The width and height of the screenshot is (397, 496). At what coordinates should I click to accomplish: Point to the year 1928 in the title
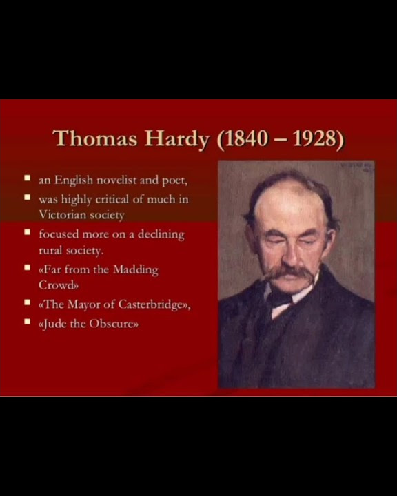click(x=316, y=139)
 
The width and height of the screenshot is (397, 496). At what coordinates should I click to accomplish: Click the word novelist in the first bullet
click(x=116, y=180)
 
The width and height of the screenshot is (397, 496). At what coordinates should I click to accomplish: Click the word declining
click(x=161, y=234)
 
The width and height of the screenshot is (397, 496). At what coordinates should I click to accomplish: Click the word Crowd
click(x=59, y=285)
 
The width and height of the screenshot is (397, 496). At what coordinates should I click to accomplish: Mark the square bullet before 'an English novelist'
click(x=28, y=178)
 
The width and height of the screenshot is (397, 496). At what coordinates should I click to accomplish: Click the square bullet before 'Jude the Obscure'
click(x=28, y=321)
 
